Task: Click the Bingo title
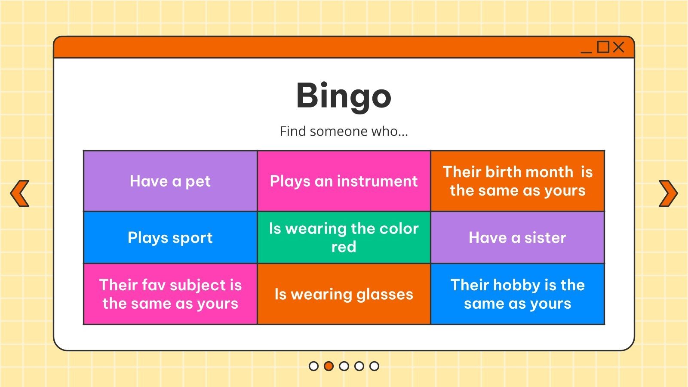[344, 96]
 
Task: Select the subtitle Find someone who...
[344, 131]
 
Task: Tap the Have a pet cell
[170, 181]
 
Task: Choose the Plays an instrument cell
[344, 181]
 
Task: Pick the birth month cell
[518, 181]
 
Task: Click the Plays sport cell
[170, 237]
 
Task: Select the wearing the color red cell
[344, 237]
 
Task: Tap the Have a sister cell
[518, 237]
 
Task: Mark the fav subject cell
[170, 294]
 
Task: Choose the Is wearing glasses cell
[344, 294]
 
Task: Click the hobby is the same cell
[518, 294]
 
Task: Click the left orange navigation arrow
[20, 193]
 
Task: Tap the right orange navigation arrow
[668, 193]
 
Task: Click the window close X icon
[618, 47]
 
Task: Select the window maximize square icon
[603, 47]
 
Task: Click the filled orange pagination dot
[329, 366]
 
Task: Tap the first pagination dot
[313, 366]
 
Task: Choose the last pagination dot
[374, 366]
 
